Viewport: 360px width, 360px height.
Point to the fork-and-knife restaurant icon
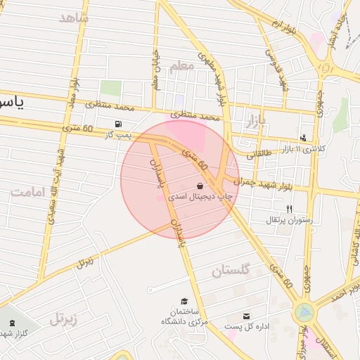289,209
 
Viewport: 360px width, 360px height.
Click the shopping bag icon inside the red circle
201,186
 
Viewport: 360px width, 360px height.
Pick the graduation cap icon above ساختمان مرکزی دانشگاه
184,300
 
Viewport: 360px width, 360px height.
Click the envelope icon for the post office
246,316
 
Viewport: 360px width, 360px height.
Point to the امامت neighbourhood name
29,191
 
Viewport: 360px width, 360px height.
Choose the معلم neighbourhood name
181,65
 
